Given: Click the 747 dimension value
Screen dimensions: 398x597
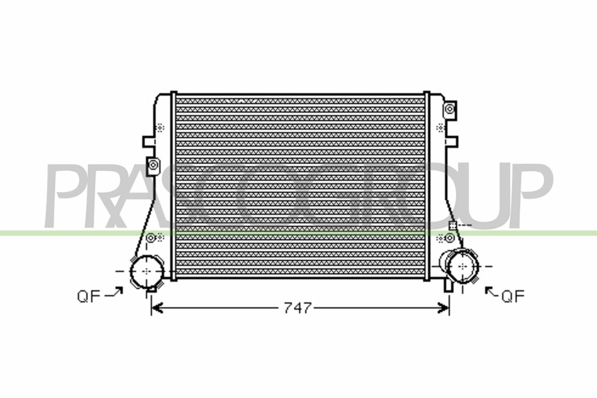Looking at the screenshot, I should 297,308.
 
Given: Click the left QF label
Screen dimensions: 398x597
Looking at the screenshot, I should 89,297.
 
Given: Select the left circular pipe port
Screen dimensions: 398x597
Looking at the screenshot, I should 147,271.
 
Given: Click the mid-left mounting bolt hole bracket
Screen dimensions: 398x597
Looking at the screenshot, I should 153,165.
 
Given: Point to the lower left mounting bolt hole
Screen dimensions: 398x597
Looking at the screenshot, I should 151,238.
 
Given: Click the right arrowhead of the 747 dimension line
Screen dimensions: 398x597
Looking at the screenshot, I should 444,308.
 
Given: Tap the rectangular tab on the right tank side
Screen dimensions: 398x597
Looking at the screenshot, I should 453,142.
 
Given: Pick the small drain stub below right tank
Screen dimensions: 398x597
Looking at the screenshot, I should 448,286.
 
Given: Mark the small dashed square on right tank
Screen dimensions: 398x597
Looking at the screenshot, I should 452,225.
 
